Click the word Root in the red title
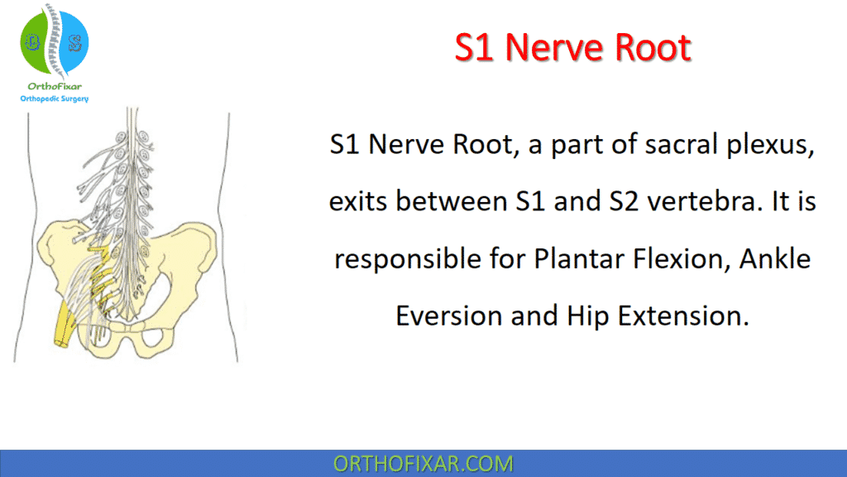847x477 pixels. [654, 47]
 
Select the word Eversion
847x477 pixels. [448, 316]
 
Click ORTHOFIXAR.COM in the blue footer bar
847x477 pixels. [423, 463]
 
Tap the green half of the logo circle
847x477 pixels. [34, 41]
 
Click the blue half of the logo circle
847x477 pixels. [73, 41]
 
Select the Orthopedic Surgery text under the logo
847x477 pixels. [55, 99]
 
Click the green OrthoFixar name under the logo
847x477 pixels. [54, 85]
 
